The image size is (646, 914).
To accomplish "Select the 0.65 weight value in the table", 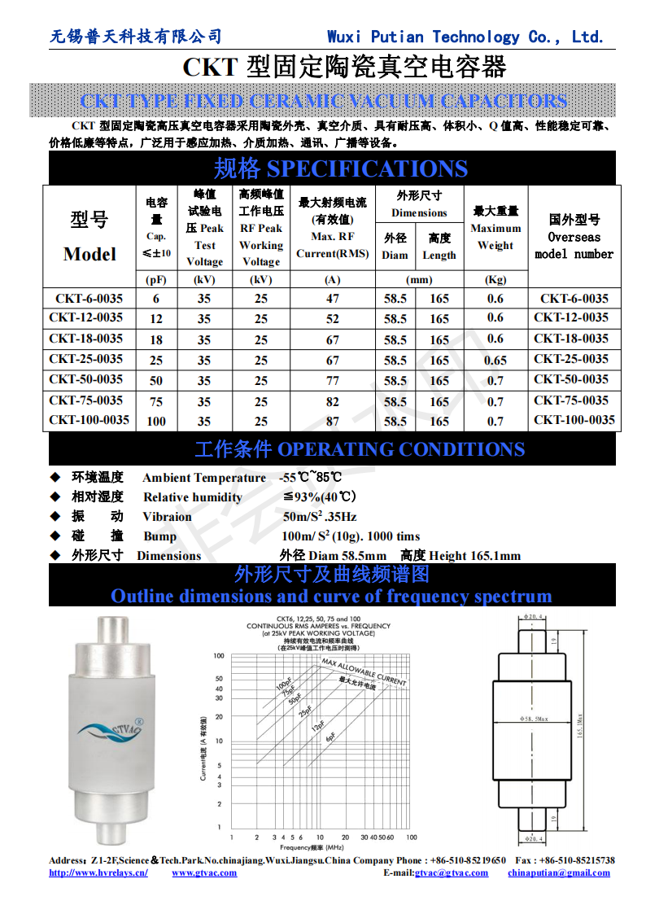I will click(x=495, y=361).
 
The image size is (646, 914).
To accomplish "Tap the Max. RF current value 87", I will click(x=332, y=421).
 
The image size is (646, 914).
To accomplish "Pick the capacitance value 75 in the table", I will click(x=156, y=400).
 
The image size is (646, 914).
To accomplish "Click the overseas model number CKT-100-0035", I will click(x=574, y=420).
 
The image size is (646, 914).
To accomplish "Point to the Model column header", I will click(x=89, y=253).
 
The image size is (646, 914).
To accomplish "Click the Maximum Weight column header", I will click(x=495, y=236).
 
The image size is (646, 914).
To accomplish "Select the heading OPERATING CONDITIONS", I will click(x=401, y=449).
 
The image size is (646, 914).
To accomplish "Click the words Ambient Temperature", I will click(x=204, y=478).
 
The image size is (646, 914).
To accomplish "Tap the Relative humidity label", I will click(x=193, y=497).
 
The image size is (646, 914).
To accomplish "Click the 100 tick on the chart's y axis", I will click(x=218, y=656).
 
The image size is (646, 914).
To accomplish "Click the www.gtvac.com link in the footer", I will click(x=204, y=872).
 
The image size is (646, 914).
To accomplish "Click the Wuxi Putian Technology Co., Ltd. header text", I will click(x=465, y=37).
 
